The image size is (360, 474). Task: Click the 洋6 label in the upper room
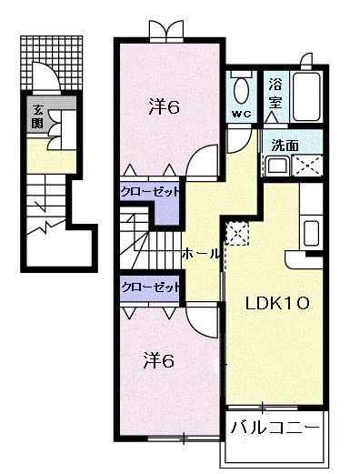164,106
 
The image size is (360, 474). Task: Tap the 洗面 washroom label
284,143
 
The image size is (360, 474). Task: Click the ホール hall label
199,253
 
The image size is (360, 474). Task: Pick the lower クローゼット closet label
150,286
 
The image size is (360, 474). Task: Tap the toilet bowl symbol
242,89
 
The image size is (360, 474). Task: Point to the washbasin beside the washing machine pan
275,166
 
